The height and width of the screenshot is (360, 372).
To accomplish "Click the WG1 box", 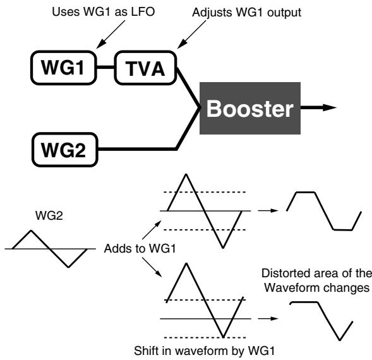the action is click(64, 68).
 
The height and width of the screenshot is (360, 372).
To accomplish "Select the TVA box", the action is click(145, 68).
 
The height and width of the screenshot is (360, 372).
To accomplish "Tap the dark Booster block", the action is click(250, 108).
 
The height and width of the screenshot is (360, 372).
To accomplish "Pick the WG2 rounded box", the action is click(65, 150).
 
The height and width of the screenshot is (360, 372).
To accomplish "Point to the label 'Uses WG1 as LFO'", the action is click(104, 11).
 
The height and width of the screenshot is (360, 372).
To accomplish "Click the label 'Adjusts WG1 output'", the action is click(247, 13).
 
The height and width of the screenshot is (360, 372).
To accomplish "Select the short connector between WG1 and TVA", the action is click(105, 68).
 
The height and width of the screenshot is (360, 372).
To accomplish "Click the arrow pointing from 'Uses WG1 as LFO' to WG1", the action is click(111, 34).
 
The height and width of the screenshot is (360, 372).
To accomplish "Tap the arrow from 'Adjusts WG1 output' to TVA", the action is click(192, 34).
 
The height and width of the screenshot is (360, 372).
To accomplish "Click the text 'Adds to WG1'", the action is click(140, 248).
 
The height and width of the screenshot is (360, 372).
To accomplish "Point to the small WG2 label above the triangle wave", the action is click(49, 216).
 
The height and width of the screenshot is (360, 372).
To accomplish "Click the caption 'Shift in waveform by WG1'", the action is click(204, 351).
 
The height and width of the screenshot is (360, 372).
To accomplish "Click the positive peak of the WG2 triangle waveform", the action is click(31, 231).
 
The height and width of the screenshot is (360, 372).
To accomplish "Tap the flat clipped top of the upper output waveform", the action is click(306, 192).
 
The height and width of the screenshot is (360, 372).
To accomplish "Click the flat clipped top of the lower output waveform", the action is click(304, 302).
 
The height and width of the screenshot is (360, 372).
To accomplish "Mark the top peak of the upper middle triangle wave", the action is click(186, 174).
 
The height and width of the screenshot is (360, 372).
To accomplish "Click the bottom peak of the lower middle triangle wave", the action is click(223, 336).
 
